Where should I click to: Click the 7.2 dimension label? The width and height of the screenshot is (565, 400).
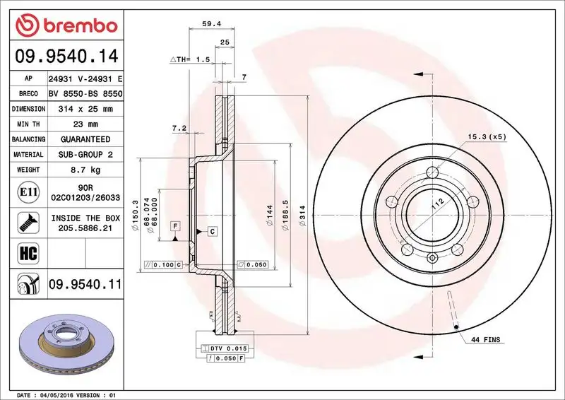(178, 129)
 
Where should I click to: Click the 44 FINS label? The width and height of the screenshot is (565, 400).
(484, 340)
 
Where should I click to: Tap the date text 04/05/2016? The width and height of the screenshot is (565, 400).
(58, 394)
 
